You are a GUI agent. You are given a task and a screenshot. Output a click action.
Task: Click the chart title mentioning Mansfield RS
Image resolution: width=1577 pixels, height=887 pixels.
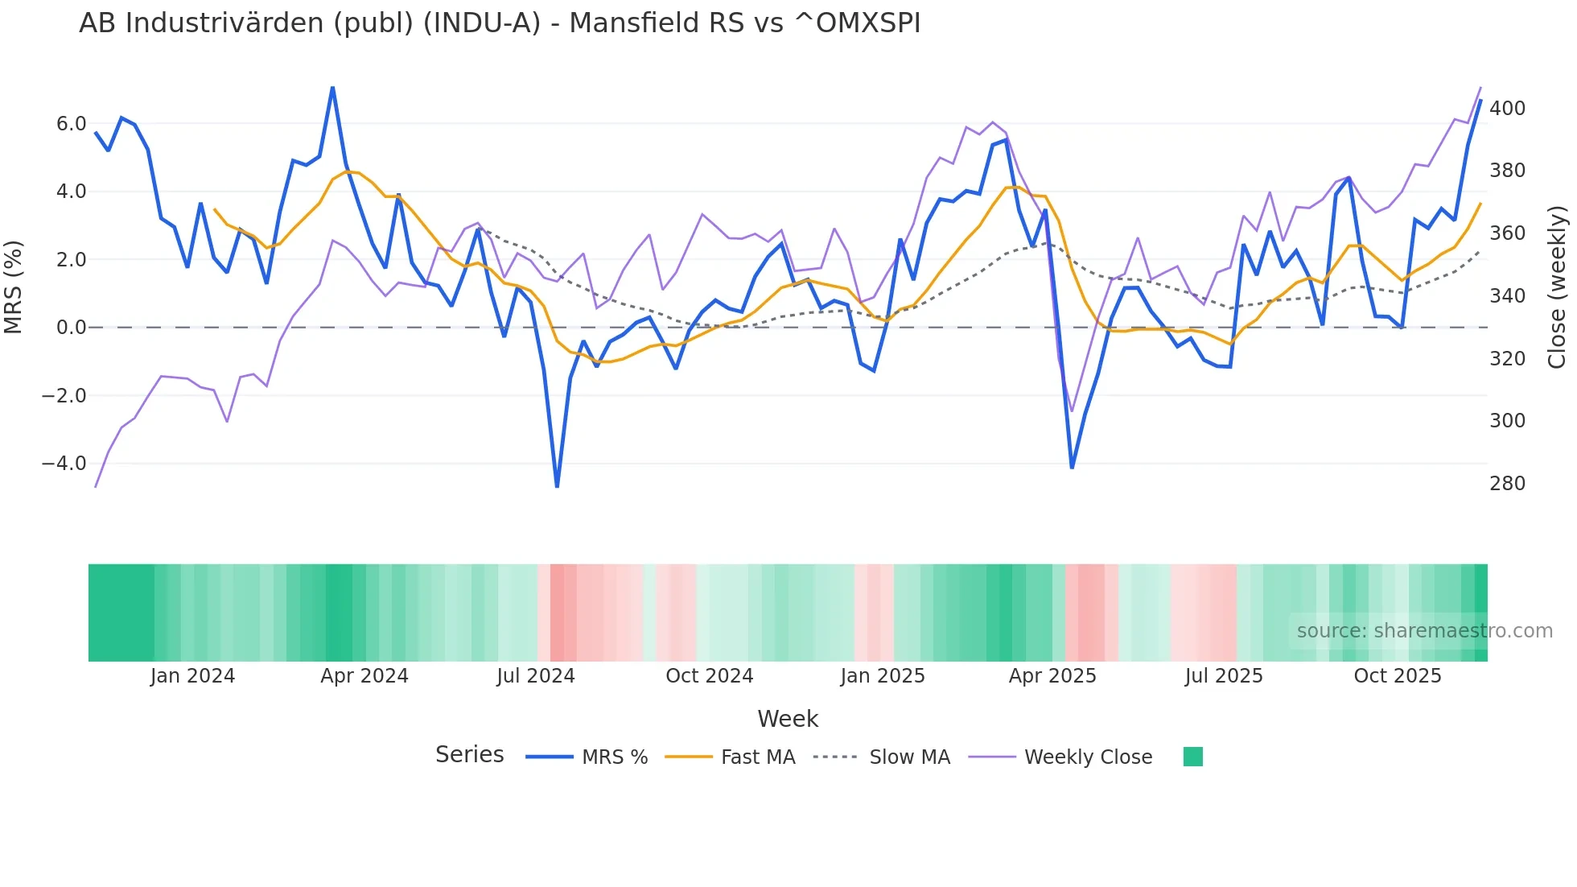pyautogui.click(x=499, y=23)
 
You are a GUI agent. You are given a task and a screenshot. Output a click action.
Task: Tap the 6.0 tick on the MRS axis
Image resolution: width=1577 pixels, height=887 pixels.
pyautogui.click(x=71, y=124)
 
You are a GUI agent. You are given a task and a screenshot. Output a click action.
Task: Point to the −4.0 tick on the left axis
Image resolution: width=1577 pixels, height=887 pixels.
pyautogui.click(x=64, y=464)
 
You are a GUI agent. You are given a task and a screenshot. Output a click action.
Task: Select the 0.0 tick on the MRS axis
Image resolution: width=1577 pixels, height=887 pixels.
pyautogui.click(x=71, y=328)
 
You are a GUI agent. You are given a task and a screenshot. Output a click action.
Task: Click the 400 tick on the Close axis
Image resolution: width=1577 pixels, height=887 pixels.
pyautogui.click(x=1507, y=109)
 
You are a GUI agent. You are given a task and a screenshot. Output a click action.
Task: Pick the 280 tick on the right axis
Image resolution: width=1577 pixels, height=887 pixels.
pyautogui.click(x=1507, y=484)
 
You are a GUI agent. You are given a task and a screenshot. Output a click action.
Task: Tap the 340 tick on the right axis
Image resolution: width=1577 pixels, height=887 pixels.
pyautogui.click(x=1507, y=296)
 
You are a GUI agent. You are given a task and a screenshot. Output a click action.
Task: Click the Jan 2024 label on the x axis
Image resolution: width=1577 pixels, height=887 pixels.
pyautogui.click(x=192, y=676)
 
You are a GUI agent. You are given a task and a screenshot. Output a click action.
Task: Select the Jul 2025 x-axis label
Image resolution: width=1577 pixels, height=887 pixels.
pyautogui.click(x=1223, y=676)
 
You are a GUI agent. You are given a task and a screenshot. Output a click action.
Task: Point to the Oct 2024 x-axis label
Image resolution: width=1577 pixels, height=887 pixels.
pyautogui.click(x=709, y=676)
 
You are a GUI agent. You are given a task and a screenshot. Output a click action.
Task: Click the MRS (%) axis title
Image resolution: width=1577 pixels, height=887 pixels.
pyautogui.click(x=14, y=287)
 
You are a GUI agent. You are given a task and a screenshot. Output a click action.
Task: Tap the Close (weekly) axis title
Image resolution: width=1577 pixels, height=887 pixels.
pyautogui.click(x=1557, y=287)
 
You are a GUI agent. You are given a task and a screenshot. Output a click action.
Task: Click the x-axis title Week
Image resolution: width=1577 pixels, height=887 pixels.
pyautogui.click(x=788, y=719)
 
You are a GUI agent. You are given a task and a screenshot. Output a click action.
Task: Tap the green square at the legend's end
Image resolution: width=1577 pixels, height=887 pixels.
pyautogui.click(x=1192, y=757)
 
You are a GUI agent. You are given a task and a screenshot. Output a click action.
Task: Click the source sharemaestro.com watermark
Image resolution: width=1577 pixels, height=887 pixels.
pyautogui.click(x=1424, y=631)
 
